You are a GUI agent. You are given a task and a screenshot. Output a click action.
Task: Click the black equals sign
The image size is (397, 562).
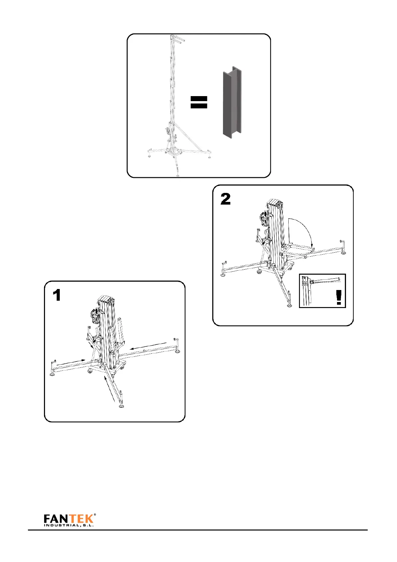(199, 102)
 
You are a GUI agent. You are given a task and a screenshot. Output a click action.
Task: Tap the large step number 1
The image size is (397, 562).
(57, 295)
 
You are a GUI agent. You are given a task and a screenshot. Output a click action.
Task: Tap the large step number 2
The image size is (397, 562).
(226, 199)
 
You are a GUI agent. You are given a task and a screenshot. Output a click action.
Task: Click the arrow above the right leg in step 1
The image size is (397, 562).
(148, 345)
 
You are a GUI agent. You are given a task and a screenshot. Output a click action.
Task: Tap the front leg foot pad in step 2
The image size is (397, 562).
(289, 305)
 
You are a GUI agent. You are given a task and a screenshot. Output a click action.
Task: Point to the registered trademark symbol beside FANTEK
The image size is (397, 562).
(95, 516)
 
